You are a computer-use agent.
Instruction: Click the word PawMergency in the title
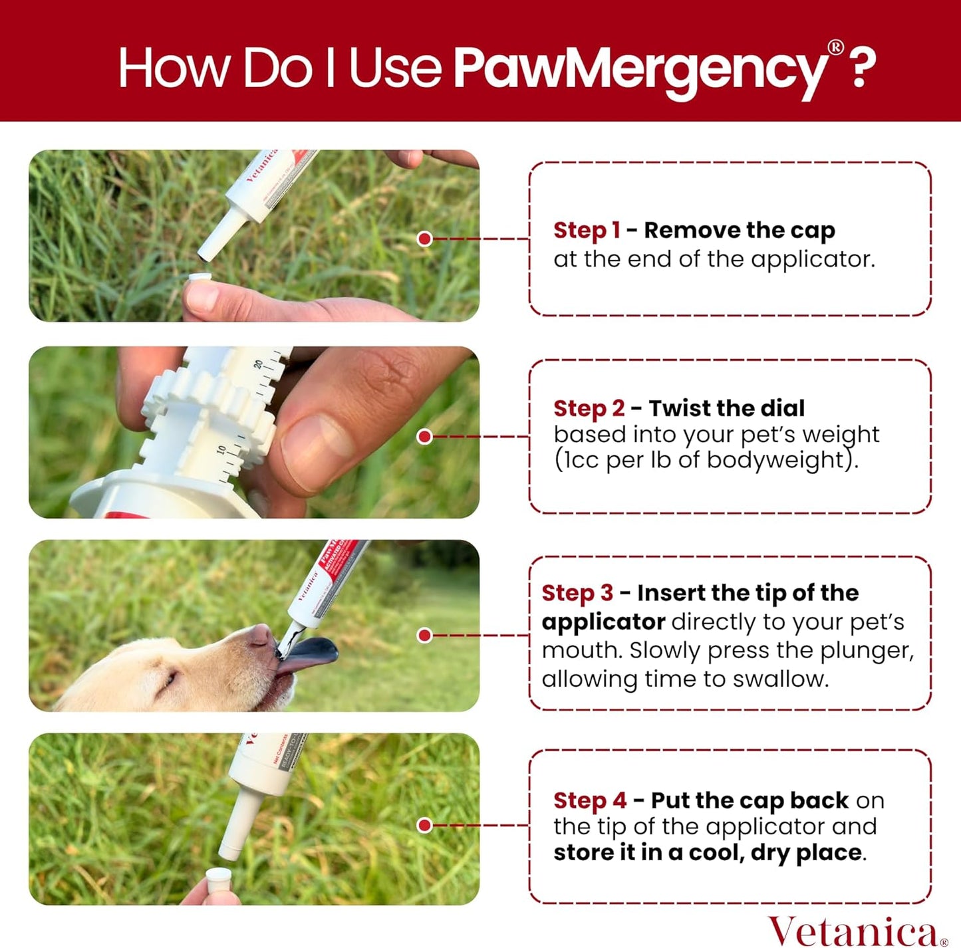[x=640, y=68]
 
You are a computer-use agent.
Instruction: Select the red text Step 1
[x=587, y=230]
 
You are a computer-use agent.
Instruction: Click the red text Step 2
[x=589, y=408]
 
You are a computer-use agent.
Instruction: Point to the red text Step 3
[x=577, y=593]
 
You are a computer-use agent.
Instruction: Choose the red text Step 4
[x=589, y=800]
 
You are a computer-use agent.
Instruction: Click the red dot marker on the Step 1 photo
[x=424, y=239]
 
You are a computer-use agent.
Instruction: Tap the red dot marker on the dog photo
[x=424, y=636]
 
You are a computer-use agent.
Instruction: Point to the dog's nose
[x=259, y=635]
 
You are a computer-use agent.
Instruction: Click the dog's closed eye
[x=168, y=679]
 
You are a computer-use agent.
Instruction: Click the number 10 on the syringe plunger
[x=221, y=450]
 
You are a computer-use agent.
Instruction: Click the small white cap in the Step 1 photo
[x=200, y=278]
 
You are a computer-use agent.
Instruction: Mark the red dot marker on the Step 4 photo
[x=424, y=825]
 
